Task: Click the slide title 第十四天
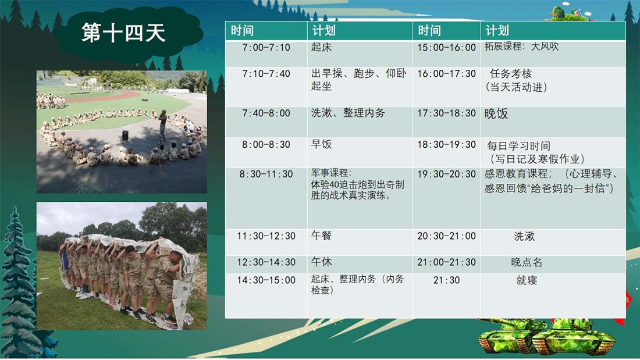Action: [123, 33]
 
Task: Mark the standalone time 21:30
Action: [446, 280]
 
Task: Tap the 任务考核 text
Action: [511, 73]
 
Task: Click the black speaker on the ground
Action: [125, 135]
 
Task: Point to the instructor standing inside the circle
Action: [162, 125]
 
